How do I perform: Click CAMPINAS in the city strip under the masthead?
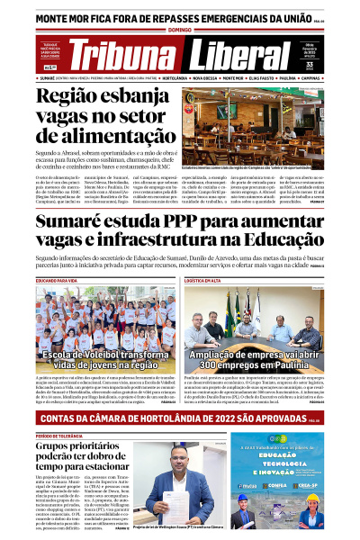coord(315,77)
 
